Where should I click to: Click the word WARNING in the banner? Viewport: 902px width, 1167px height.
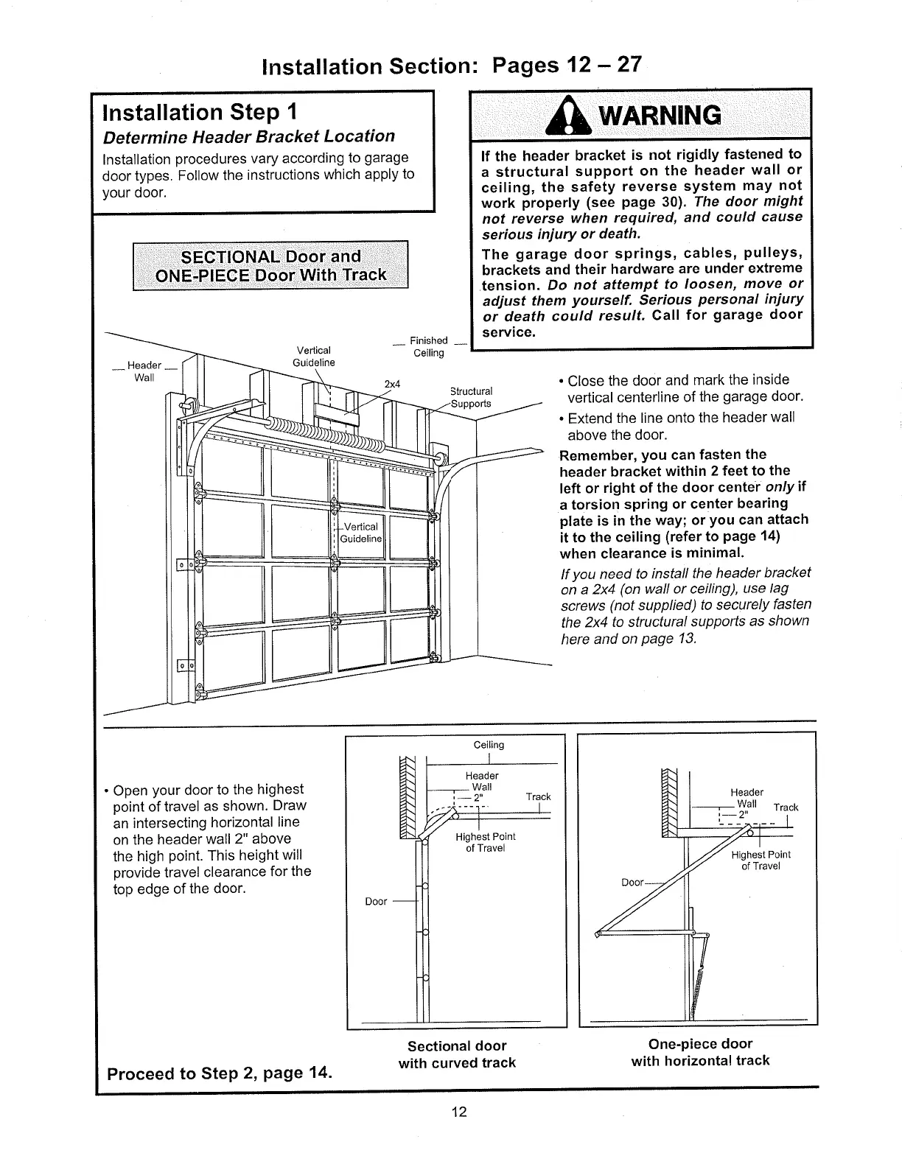coord(658,116)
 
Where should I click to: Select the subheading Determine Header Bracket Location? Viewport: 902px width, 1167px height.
coord(249,136)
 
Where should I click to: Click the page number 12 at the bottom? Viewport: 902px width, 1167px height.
coord(459,1112)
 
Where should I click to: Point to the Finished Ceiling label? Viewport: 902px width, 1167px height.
coord(428,346)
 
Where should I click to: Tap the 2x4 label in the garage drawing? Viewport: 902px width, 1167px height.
coord(392,384)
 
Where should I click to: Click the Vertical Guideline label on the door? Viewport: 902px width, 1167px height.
coord(361,532)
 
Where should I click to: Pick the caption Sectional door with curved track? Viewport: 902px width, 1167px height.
coord(457,1054)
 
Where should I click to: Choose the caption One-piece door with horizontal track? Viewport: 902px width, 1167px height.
coord(700,1052)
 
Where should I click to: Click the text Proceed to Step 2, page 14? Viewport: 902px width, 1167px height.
coord(219,1072)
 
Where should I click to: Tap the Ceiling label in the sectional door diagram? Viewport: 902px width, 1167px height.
coord(489,745)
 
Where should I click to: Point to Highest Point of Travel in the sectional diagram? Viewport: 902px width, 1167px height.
coord(485,842)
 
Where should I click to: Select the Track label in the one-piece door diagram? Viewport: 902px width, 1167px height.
coord(786,807)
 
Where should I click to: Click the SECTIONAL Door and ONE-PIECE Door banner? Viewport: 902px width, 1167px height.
coord(270,266)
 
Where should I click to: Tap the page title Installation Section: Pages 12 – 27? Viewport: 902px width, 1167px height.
coord(452,66)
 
